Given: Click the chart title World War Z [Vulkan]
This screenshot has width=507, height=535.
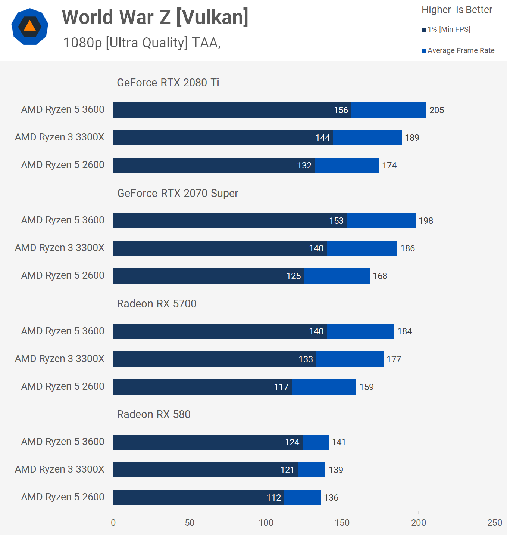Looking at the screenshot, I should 155,17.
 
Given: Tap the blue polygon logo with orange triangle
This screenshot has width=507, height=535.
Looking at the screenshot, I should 30,27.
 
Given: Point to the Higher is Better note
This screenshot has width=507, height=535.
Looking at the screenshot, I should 457,10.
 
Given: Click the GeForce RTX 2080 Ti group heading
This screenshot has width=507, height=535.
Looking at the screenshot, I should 168,83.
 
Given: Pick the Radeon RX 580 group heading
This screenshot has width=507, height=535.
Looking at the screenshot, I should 154,414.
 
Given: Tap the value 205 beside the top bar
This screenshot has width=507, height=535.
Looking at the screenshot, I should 436,110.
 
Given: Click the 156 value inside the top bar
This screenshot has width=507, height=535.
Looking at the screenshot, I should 341,110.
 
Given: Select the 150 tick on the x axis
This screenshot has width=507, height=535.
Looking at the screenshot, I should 342,523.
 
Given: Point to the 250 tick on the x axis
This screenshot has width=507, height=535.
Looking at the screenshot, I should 494,523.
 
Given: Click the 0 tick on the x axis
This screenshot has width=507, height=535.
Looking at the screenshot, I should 113,523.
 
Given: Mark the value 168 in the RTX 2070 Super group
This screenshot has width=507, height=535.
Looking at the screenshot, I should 380,276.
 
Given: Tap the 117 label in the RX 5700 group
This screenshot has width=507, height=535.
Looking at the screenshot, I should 281,387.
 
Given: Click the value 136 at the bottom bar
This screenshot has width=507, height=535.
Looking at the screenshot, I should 331,498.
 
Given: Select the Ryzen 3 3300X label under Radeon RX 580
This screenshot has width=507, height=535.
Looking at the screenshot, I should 60,469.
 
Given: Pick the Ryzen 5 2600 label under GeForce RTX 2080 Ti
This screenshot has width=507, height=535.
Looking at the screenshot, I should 63,165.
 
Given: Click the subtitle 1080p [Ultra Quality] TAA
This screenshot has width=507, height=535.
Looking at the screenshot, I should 142,43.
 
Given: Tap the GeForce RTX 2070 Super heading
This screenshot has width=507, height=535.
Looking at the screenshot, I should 178,193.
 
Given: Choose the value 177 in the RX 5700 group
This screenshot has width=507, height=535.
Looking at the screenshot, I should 394,359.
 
